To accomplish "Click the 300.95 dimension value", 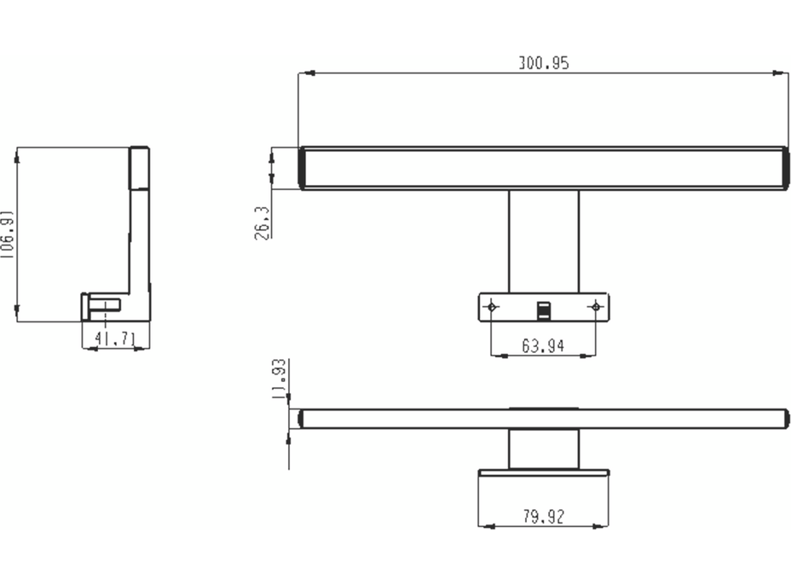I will point(543,63).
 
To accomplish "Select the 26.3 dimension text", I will point(263,223).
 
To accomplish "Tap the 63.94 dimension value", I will point(543,345).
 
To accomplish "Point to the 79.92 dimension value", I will point(543,516).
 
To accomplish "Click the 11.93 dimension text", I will point(278,379).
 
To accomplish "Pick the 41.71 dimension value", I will point(115,339).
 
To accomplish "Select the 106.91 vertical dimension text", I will point(7,234).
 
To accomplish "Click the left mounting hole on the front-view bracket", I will point(491,306).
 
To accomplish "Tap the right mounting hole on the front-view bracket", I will point(596,306).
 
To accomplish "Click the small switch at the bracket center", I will point(543,310).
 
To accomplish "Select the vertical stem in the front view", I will point(543,240).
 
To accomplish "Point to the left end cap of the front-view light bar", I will point(303,168).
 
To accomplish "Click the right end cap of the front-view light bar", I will point(784,168).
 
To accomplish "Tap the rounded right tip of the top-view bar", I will point(785,419).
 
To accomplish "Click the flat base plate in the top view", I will point(543,472).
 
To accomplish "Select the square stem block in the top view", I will point(543,449).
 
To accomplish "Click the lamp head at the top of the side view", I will point(139,168).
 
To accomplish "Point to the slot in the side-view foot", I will point(106,304).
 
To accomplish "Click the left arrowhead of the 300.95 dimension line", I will point(303,73).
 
